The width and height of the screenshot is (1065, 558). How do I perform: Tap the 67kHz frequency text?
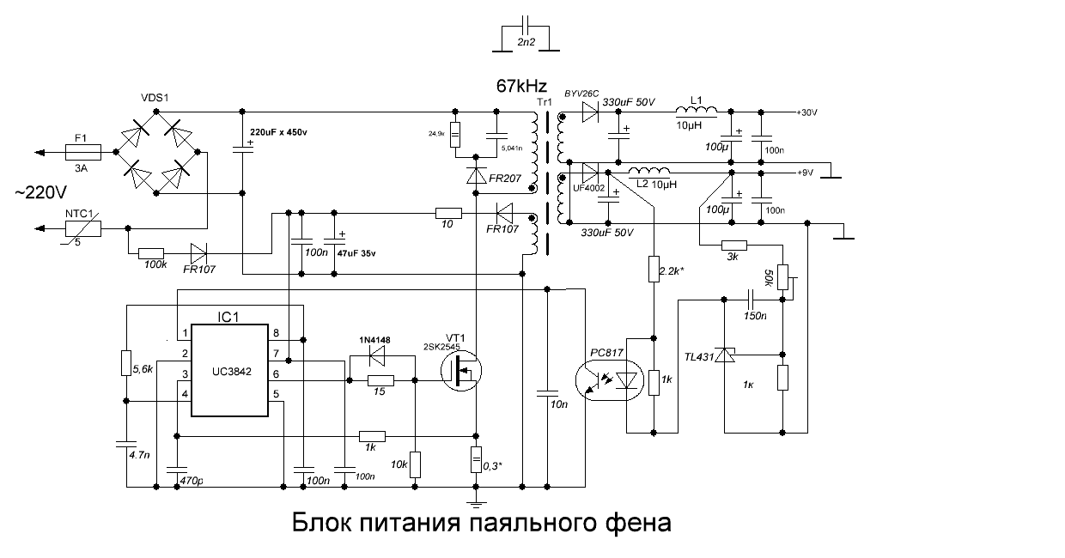(520, 87)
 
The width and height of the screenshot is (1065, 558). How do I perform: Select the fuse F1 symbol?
(83, 152)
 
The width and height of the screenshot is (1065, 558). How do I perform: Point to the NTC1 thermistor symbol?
(83, 228)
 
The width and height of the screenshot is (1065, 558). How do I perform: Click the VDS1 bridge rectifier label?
(154, 99)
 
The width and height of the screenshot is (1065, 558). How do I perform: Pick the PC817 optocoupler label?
(608, 352)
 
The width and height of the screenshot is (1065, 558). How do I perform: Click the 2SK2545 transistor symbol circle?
(461, 372)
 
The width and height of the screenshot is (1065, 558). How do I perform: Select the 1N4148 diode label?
(374, 340)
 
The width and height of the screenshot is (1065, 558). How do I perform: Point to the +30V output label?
(809, 112)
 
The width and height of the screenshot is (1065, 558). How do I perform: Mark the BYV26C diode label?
(581, 93)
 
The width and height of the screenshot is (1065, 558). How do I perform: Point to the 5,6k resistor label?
(143, 369)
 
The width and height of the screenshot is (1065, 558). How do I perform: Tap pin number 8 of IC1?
(276, 333)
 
